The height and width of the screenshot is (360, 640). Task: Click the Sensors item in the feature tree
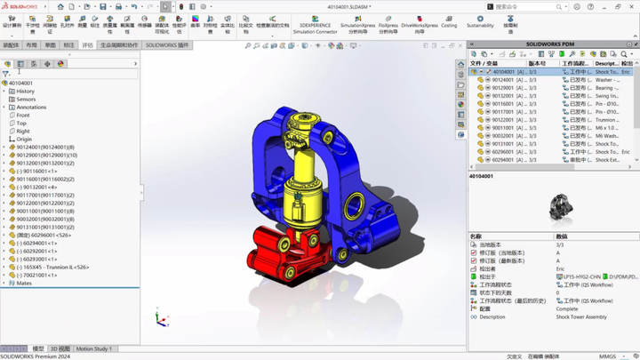tap(26, 100)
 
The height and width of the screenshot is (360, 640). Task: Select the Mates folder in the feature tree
tap(24, 284)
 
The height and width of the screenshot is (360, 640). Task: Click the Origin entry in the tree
tap(24, 140)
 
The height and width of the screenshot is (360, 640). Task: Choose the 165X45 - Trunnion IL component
tap(55, 268)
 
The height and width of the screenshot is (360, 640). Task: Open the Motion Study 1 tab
tap(93, 349)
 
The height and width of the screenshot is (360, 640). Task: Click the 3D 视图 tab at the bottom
tap(60, 349)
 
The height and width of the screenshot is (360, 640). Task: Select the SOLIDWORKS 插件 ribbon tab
tap(167, 45)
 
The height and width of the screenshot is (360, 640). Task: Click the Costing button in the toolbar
tap(449, 21)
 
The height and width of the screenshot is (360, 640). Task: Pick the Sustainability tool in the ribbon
tap(480, 21)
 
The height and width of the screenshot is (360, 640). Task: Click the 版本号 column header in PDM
tap(537, 64)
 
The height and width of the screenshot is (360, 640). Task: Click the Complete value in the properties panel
tap(567, 309)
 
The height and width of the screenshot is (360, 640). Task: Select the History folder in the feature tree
tap(26, 92)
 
